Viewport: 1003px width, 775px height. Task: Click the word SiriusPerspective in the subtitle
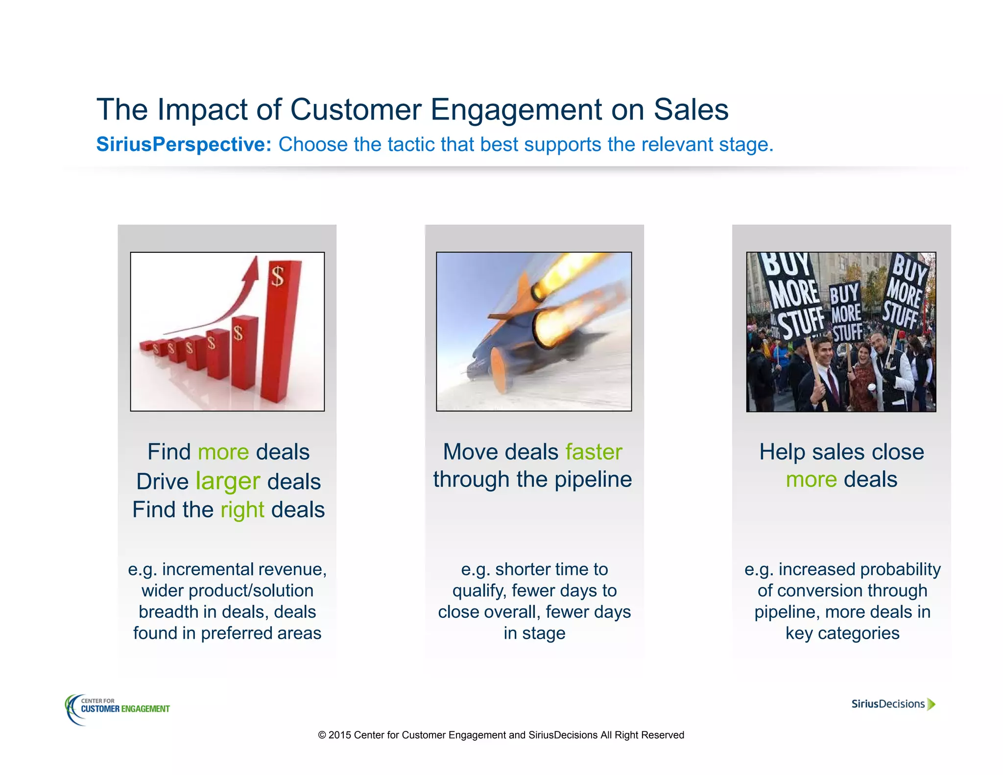(184, 145)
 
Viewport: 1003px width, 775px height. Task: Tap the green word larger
(228, 482)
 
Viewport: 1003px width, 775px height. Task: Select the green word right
(242, 510)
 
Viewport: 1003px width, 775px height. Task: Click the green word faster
(594, 452)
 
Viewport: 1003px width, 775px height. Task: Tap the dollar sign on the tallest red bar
(278, 277)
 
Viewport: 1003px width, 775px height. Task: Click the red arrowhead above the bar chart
(253, 268)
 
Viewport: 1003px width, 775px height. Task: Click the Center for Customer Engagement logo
(118, 709)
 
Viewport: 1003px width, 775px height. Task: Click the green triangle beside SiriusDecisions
(931, 704)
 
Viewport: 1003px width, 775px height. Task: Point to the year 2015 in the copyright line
(339, 735)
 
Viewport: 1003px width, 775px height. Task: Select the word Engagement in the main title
(516, 109)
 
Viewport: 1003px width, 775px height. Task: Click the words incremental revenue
(244, 569)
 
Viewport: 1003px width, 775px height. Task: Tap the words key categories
(842, 633)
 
